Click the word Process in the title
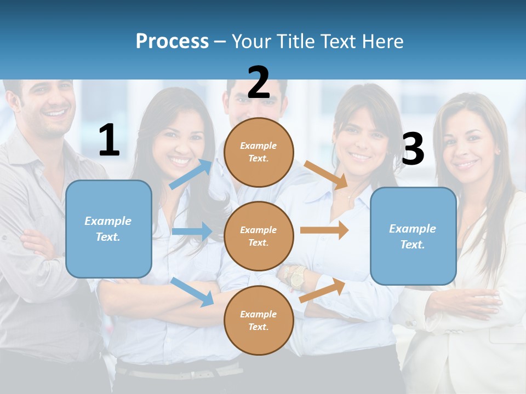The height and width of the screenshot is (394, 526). point(172,41)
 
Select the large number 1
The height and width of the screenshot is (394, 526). point(109,141)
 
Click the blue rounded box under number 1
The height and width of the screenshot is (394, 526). point(108,229)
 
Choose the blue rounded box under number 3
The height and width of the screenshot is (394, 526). point(413,236)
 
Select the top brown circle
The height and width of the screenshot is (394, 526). point(259,152)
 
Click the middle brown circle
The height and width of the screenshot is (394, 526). point(259,236)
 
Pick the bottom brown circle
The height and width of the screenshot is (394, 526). point(259,320)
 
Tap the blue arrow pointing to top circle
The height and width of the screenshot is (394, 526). point(191,174)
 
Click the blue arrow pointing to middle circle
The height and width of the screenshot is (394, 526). point(192,231)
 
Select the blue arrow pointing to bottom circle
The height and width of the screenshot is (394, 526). point(192,292)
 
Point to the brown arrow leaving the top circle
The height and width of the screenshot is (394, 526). point(326,175)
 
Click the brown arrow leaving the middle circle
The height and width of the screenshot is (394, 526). point(324,230)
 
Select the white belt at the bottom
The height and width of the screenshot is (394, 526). point(175,374)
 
